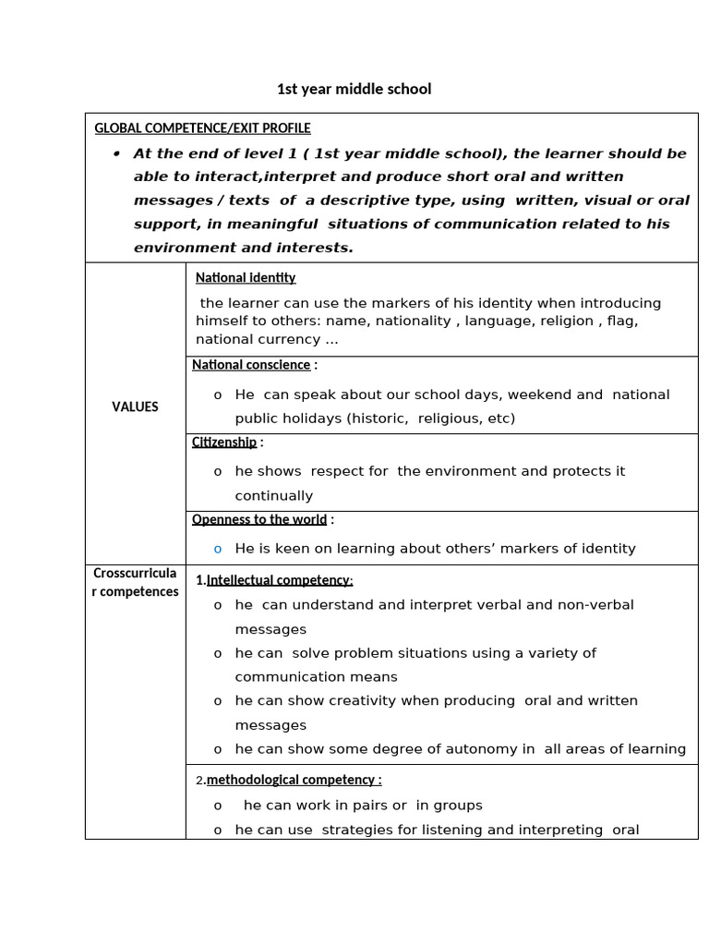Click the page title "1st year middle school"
(354, 90)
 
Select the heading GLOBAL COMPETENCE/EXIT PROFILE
(202, 128)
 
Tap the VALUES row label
(135, 406)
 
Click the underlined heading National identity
(246, 278)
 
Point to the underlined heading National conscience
(251, 365)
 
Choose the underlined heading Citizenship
(224, 443)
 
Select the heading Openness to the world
(259, 520)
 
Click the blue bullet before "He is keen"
(218, 549)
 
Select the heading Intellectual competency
(280, 580)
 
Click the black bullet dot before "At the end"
(117, 153)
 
